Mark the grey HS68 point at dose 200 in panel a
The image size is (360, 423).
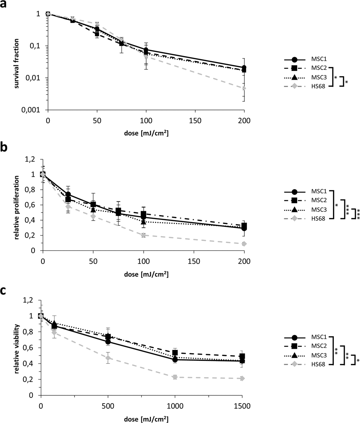click(244, 88)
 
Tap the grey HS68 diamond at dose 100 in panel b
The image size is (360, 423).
click(144, 235)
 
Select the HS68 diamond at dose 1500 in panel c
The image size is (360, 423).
click(242, 379)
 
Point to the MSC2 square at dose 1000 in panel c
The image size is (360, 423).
click(175, 352)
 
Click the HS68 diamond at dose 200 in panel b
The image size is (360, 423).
click(244, 244)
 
